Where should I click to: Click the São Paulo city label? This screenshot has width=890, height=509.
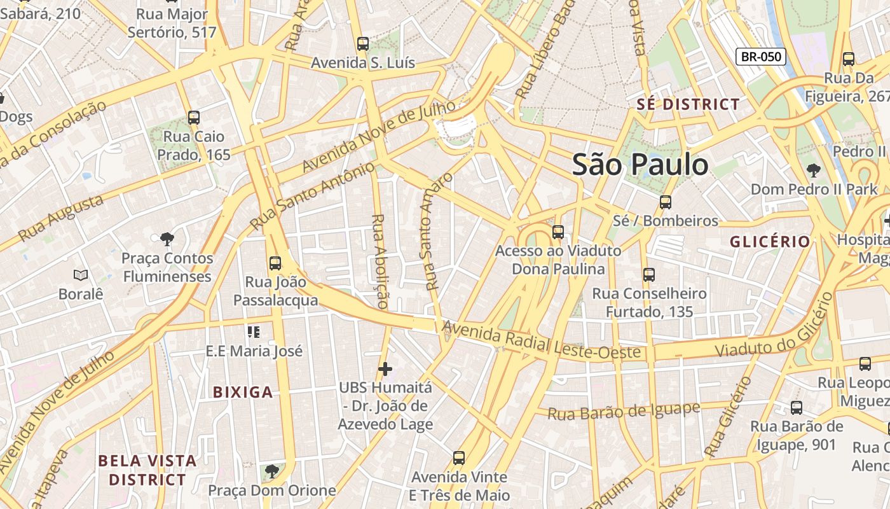click(x=640, y=165)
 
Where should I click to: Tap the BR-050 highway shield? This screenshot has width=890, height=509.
click(x=761, y=57)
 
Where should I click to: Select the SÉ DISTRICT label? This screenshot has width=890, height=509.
click(x=688, y=104)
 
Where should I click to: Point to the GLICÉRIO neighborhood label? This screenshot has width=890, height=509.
click(x=770, y=242)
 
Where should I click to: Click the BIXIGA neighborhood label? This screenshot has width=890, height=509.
click(x=243, y=392)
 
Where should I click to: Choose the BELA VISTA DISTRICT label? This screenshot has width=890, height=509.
click(x=147, y=470)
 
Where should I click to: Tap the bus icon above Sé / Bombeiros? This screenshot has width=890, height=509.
click(x=665, y=202)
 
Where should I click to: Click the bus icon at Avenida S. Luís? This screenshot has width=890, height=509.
click(x=362, y=44)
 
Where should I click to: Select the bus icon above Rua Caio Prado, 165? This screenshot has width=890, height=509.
click(x=194, y=118)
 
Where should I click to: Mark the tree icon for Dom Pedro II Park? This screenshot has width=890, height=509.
click(x=812, y=171)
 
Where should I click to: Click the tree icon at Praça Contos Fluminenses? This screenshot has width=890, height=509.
click(x=167, y=239)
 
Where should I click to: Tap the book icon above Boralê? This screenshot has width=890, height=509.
click(x=80, y=275)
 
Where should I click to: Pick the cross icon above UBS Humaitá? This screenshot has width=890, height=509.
click(x=385, y=369)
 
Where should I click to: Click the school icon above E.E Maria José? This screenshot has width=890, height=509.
click(x=254, y=332)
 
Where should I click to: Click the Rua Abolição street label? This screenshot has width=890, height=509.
click(x=380, y=261)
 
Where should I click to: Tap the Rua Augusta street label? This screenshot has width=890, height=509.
click(x=61, y=218)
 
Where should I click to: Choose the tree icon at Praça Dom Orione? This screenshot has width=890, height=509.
click(x=271, y=471)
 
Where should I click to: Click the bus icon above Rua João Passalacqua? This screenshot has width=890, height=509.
click(x=275, y=263)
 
